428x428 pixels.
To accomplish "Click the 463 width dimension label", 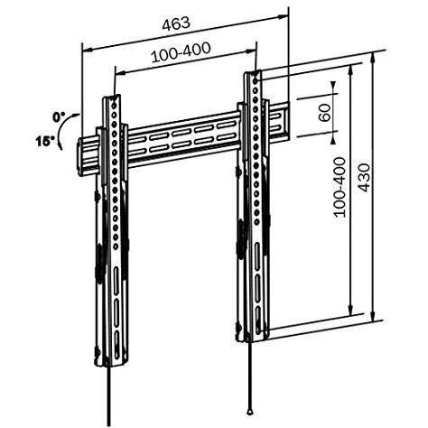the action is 176,23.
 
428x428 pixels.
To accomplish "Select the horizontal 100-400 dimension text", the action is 181,52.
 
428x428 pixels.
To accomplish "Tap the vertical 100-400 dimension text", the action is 340,187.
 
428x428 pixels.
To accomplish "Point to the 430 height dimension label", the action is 364,178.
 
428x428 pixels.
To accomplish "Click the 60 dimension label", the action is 324,113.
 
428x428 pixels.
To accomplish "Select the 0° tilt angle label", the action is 59,117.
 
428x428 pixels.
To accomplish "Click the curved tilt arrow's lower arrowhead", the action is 60,146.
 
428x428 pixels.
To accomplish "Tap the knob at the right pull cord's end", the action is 249,411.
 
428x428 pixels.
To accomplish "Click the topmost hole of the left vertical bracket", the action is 114,106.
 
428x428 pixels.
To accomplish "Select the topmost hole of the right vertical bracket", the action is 256,81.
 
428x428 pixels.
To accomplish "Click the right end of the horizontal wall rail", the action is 287,122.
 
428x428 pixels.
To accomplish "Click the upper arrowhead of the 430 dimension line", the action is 373,57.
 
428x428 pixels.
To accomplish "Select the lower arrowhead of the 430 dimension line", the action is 373,318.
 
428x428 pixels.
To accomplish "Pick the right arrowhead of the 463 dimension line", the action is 284,17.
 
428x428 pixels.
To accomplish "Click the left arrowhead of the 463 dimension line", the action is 88,50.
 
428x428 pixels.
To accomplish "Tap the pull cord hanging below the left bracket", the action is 109,395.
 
